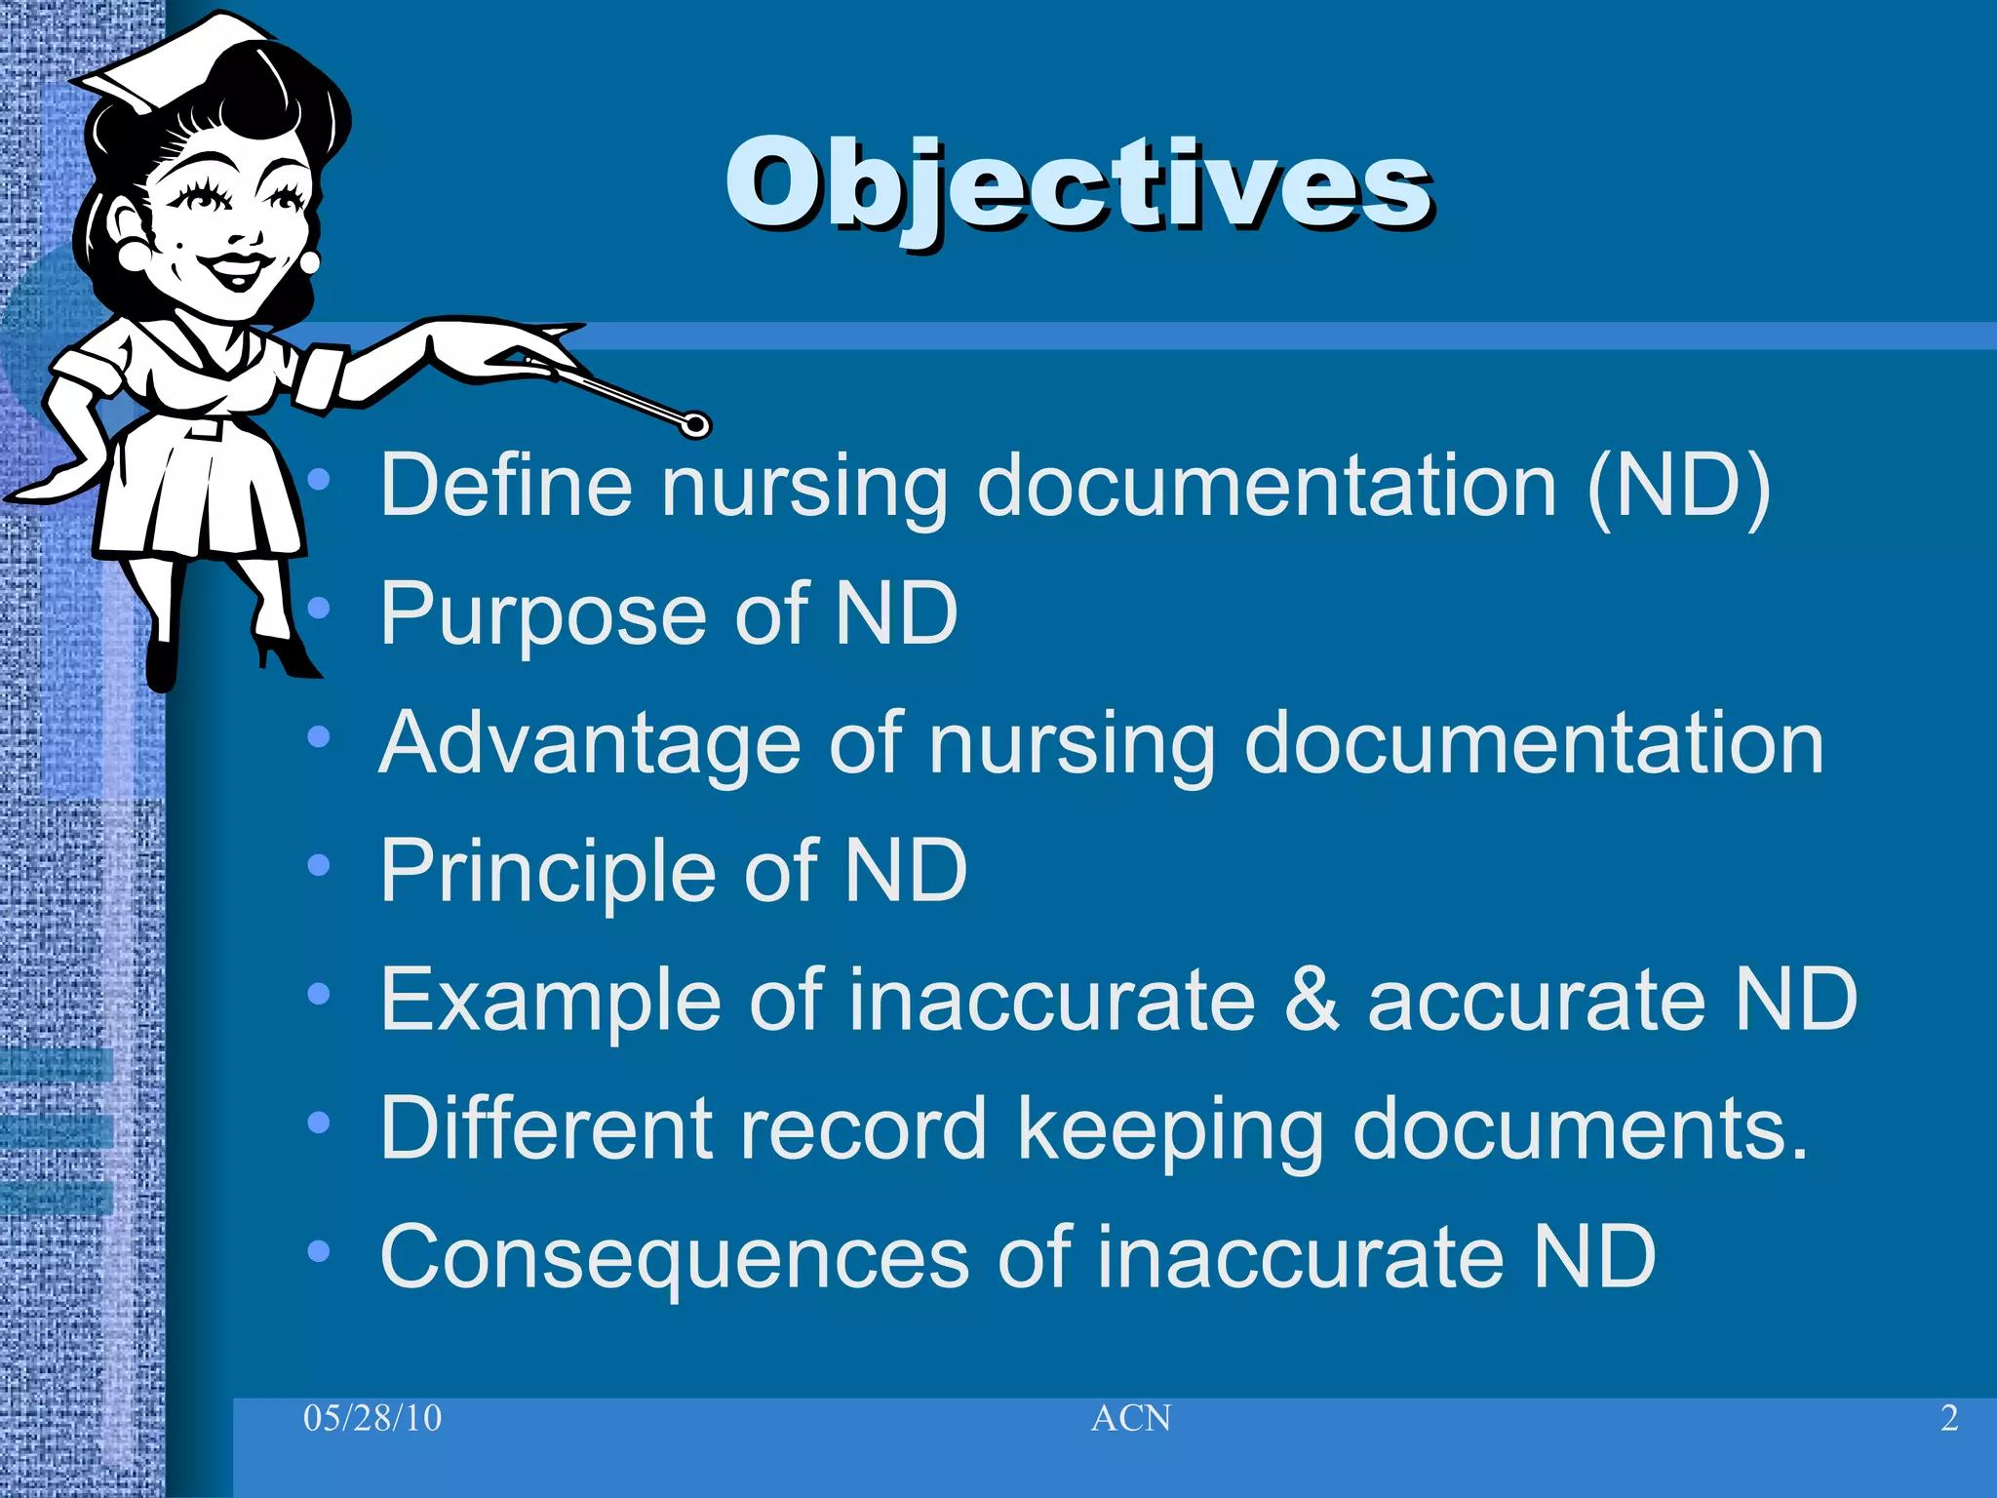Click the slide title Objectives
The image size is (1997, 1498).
click(1077, 185)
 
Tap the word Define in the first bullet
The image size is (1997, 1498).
click(506, 485)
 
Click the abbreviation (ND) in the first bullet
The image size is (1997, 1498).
click(1678, 487)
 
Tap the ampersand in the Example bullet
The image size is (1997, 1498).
click(1312, 1000)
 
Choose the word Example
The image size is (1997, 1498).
click(549, 1002)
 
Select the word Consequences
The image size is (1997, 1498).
click(673, 1257)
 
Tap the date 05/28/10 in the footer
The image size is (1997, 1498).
click(372, 1418)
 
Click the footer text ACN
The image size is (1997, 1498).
click(1131, 1418)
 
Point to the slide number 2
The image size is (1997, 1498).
click(1949, 1418)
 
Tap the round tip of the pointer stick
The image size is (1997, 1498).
click(695, 424)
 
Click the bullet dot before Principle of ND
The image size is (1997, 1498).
click(318, 865)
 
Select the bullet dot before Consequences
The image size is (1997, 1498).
click(318, 1251)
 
